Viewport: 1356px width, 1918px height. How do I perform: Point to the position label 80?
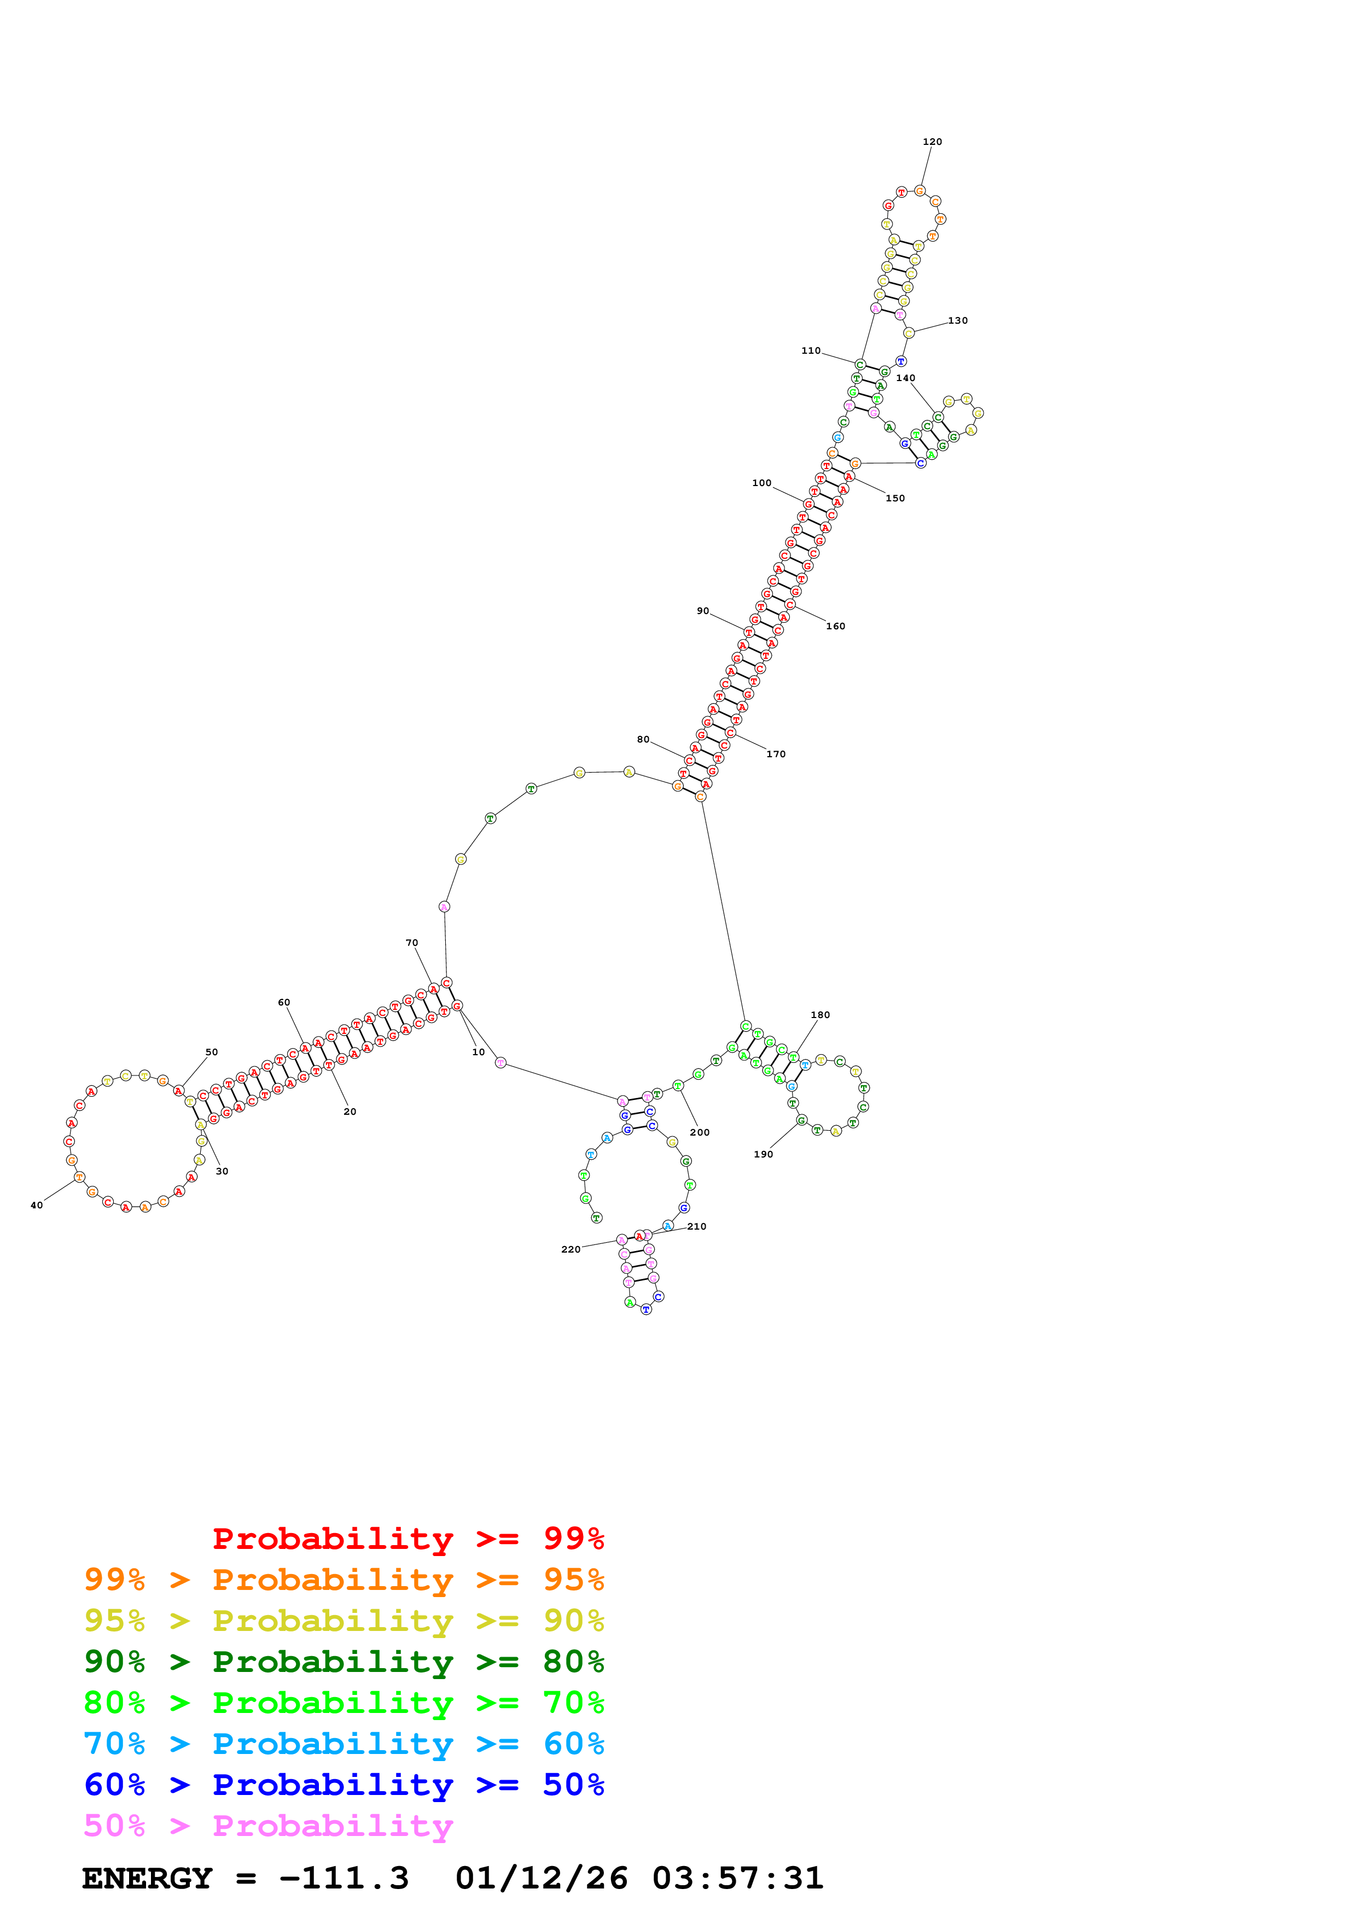pyautogui.click(x=643, y=739)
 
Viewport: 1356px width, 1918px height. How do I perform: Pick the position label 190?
pyautogui.click(x=763, y=1155)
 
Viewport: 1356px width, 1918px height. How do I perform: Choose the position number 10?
pyautogui.click(x=478, y=1052)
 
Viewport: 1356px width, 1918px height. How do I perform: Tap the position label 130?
pyautogui.click(x=957, y=321)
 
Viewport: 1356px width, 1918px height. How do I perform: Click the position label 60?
pyautogui.click(x=284, y=1002)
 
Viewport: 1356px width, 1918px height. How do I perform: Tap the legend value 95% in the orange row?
pyautogui.click(x=573, y=1579)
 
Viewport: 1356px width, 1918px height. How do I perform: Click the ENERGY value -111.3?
pyautogui.click(x=344, y=1878)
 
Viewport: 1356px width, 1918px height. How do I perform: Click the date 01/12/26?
pyautogui.click(x=542, y=1878)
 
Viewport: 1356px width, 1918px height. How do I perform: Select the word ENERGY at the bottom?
pyautogui.click(x=147, y=1878)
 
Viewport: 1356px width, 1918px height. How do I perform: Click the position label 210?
pyautogui.click(x=697, y=1226)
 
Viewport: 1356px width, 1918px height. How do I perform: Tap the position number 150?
pyautogui.click(x=895, y=499)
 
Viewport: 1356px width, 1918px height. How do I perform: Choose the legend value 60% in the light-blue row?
pyautogui.click(x=573, y=1744)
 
